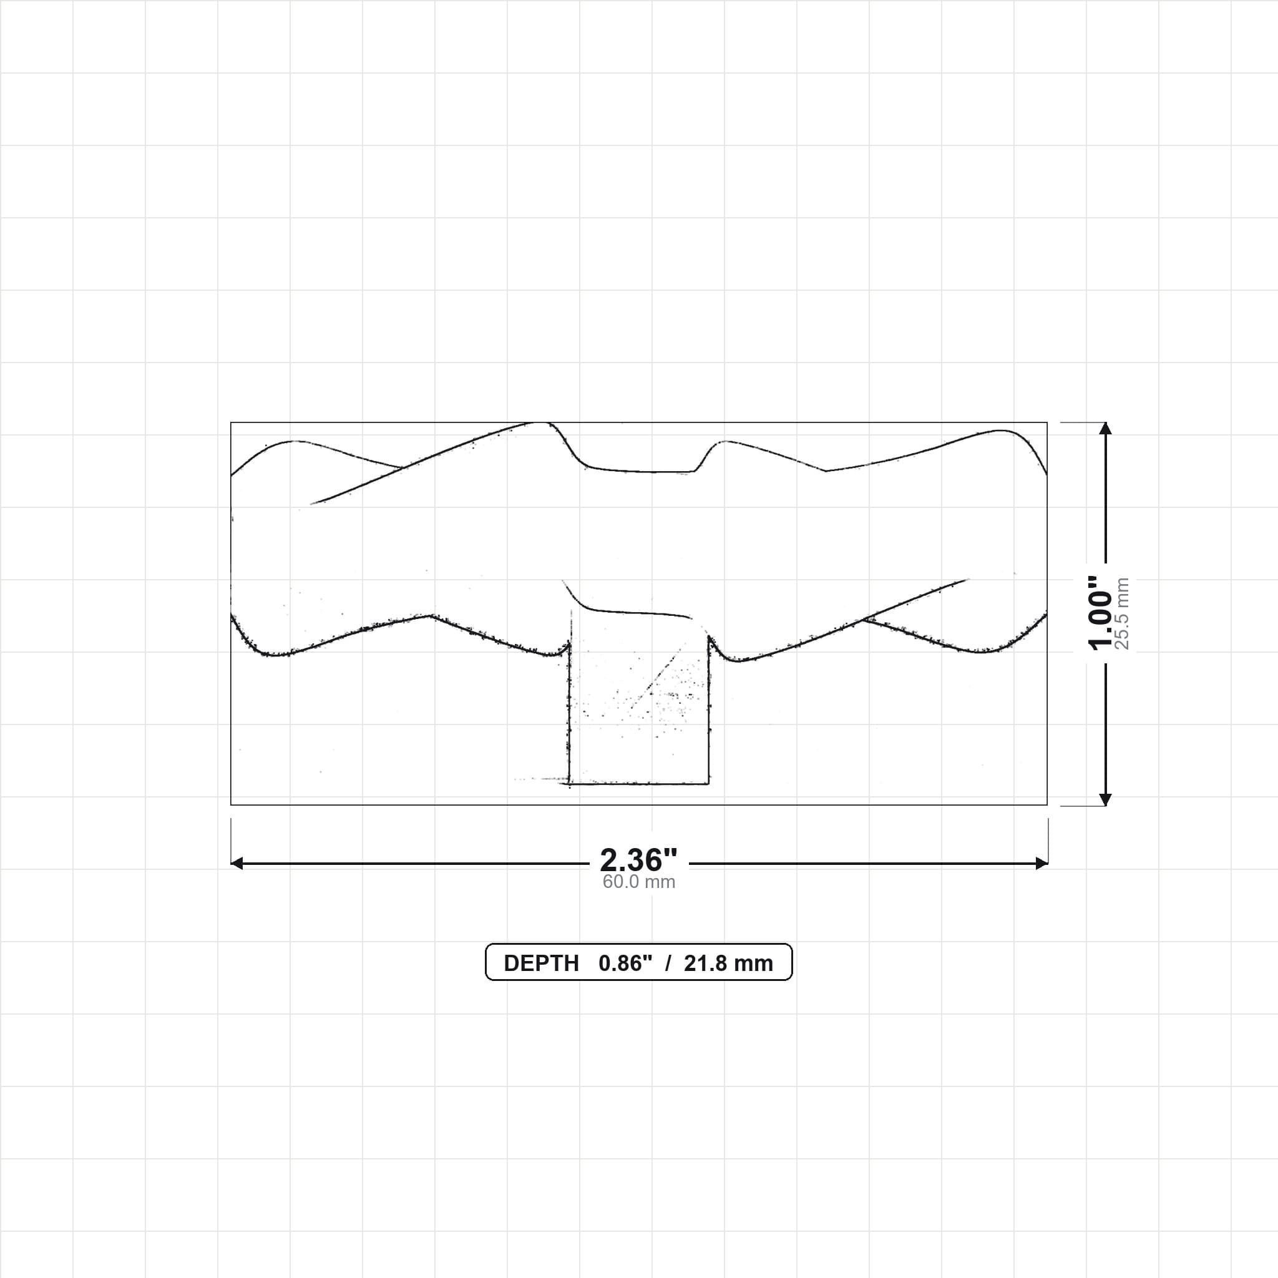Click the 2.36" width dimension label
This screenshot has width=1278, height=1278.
pyautogui.click(x=638, y=861)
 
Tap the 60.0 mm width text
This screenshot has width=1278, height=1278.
pyautogui.click(x=638, y=882)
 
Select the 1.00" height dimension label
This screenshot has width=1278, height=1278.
pyautogui.click(x=1100, y=613)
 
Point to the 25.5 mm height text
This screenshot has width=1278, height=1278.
pyautogui.click(x=1122, y=613)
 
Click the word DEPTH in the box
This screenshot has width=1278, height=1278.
pyautogui.click(x=541, y=963)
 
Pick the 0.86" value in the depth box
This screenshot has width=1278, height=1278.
pyautogui.click(x=625, y=963)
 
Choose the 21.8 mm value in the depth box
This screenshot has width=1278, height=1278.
pyautogui.click(x=728, y=963)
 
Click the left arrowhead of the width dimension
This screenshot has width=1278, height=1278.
pyautogui.click(x=236, y=863)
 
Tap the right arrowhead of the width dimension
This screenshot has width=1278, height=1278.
pyautogui.click(x=1042, y=863)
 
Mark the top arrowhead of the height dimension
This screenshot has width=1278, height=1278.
pyautogui.click(x=1105, y=428)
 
